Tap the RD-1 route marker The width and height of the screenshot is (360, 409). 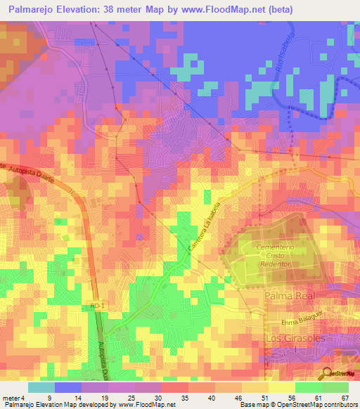(x=96, y=307)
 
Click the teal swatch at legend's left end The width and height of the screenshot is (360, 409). (x=41, y=387)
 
